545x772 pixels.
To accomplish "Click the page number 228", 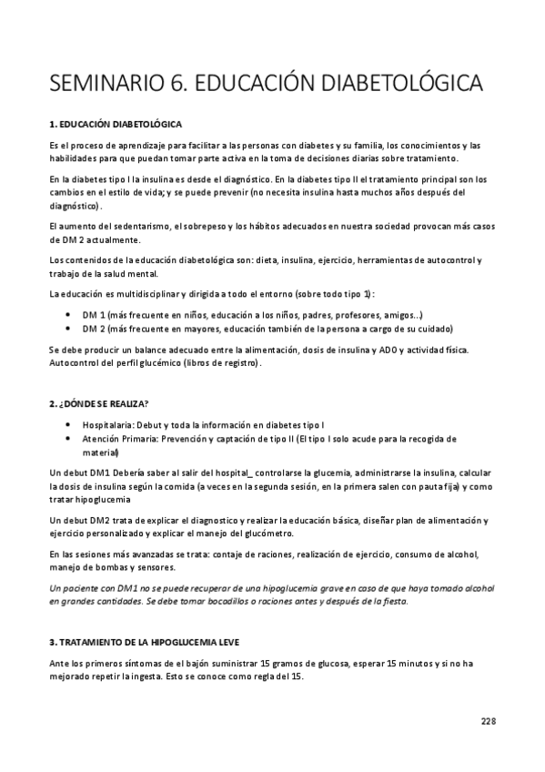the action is (489, 721).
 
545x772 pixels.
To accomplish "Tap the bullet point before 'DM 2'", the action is (71, 328).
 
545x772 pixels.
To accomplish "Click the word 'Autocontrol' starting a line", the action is (73, 363).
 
